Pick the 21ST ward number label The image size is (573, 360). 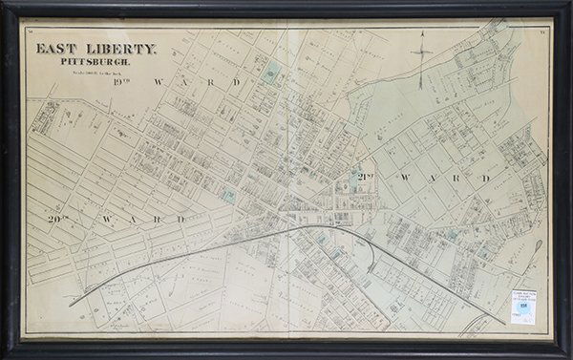point(365,178)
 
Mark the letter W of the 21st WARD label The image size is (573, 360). point(406,179)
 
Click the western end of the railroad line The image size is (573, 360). point(73,304)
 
